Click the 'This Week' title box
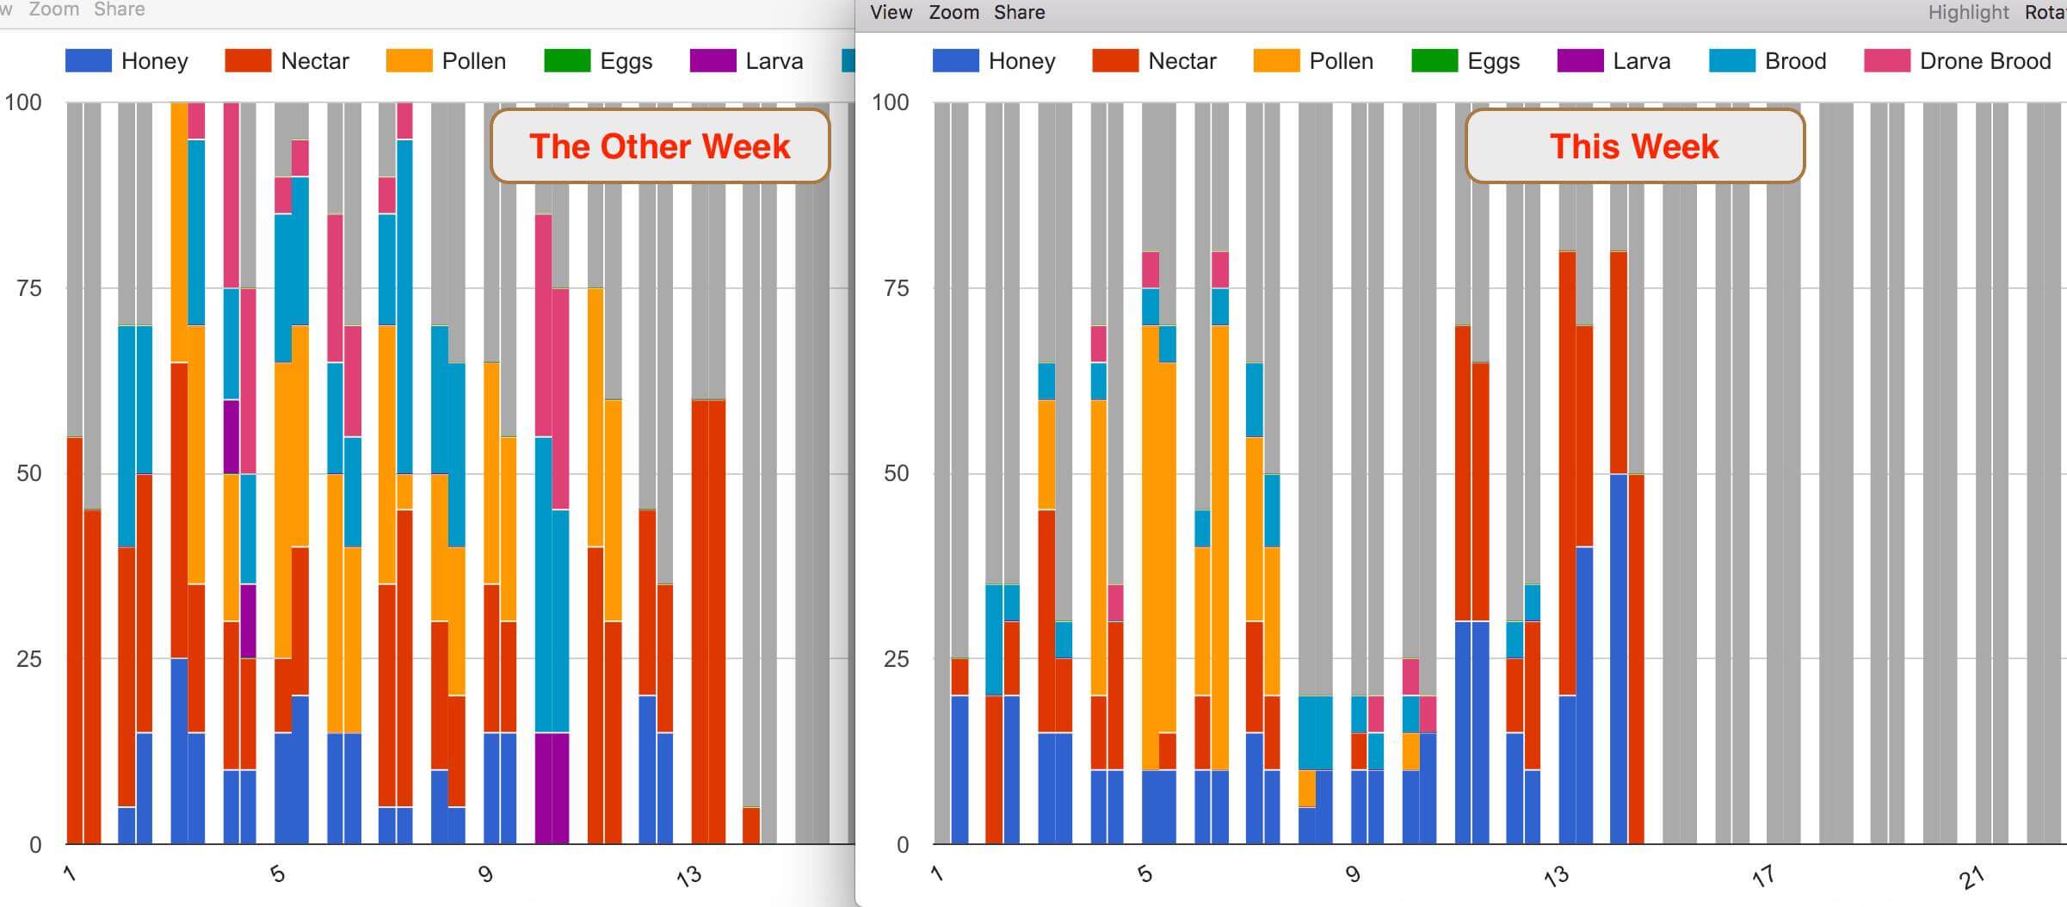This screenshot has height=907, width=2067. pos(1634,146)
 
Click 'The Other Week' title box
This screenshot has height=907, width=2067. pos(659,146)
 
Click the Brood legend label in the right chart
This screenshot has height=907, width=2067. pos(1794,61)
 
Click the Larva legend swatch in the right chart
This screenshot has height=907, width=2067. pos(1580,61)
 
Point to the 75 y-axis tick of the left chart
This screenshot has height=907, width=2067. pos(28,288)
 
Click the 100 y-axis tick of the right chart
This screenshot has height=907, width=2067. pos(890,102)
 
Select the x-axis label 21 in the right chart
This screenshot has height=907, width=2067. pos(1971,877)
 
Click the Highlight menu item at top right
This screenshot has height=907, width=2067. pos(1967,12)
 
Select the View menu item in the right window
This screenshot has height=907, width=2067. pos(891,12)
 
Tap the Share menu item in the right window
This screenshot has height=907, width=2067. pos(1019,12)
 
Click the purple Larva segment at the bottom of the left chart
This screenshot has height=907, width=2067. pos(552,787)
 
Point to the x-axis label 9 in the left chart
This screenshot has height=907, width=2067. pos(485,874)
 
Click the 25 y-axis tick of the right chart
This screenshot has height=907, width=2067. pos(896,659)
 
